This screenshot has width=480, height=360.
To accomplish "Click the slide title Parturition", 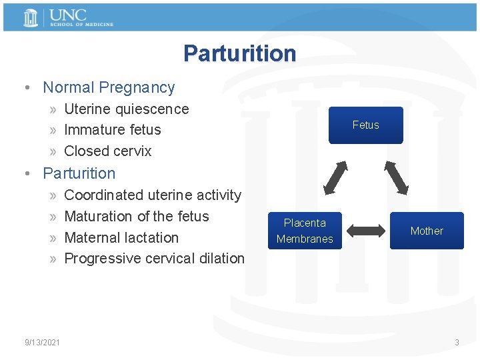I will click(239, 53).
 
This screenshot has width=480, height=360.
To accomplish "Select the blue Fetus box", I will click(365, 125).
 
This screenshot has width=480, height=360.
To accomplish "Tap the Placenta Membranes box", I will click(305, 231).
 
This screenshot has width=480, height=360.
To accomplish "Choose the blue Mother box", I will click(427, 231).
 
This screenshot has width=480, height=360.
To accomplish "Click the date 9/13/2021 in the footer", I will click(42, 343).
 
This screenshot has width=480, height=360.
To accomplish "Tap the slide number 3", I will click(457, 343).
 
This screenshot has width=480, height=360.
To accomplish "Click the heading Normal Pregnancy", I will click(109, 87).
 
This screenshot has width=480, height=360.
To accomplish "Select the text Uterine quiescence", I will click(126, 109).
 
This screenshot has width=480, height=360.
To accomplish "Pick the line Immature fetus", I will click(112, 129).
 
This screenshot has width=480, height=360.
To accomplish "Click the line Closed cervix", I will click(107, 151).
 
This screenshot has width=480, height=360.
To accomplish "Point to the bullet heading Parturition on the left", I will click(79, 173).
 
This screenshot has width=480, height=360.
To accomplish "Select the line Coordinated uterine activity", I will click(152, 195).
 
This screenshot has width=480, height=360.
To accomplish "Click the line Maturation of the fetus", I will click(136, 216).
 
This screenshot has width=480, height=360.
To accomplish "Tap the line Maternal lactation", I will click(121, 237).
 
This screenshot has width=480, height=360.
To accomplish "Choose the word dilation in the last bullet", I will click(223, 258).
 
